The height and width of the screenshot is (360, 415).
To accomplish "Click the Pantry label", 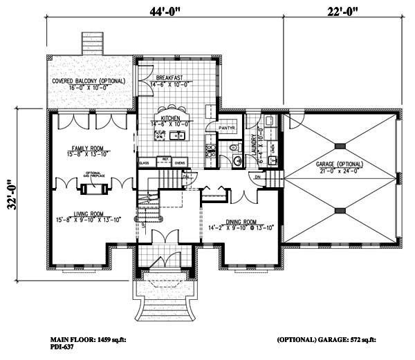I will coord(228,129).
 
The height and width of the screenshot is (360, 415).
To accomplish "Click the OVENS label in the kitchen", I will coord(179,163).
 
